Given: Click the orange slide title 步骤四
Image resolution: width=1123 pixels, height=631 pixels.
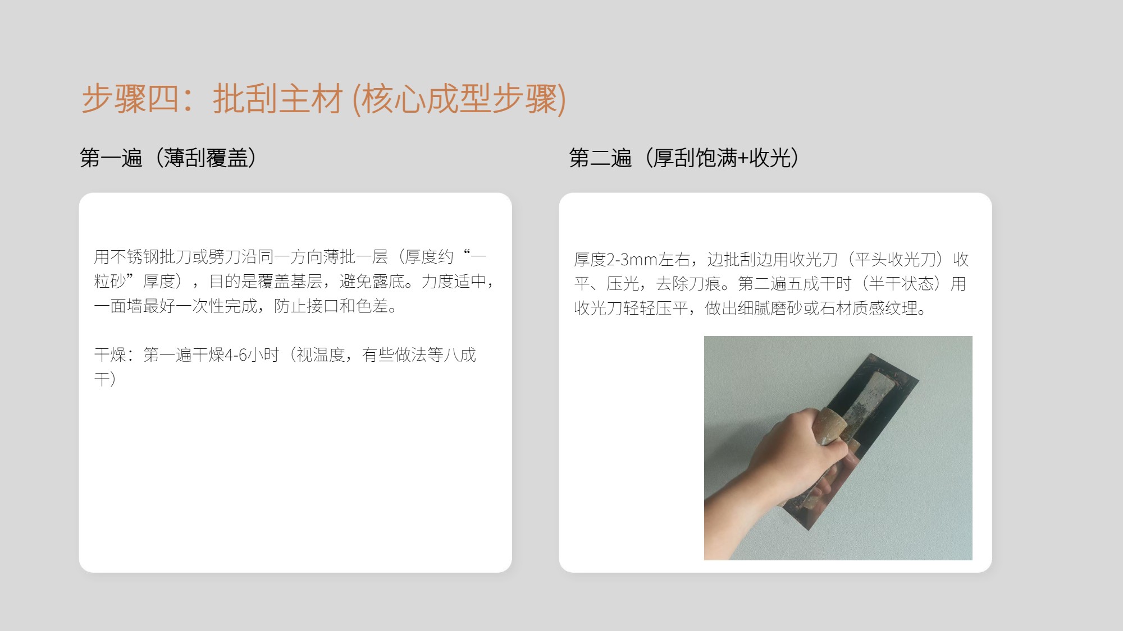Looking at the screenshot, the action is (130, 99).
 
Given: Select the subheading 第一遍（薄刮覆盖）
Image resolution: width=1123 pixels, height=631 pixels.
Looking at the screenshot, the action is (169, 158).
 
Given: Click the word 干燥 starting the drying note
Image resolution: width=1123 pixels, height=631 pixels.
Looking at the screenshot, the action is (110, 355).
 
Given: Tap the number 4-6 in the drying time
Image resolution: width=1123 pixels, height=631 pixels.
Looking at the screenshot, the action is (236, 355).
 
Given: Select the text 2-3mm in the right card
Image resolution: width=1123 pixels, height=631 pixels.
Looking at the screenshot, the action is (632, 260).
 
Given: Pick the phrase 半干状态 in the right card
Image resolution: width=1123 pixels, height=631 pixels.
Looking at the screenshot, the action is (901, 284).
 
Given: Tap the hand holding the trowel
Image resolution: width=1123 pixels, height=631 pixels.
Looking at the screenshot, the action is (786, 460).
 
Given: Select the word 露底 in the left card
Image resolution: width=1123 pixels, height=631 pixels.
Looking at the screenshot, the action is (389, 282).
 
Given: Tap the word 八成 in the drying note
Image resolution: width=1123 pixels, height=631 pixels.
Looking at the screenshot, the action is (460, 355).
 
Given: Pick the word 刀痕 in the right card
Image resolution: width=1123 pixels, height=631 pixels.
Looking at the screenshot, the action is (705, 284).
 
